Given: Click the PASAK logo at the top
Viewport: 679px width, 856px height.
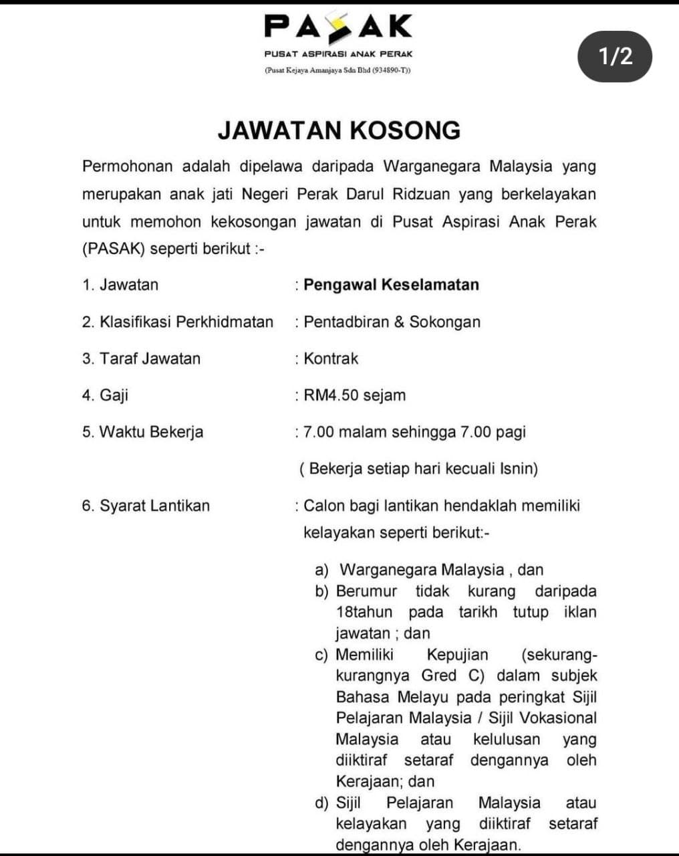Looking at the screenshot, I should tap(338, 26).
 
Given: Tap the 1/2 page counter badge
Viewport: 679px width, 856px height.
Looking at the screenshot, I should tap(615, 56).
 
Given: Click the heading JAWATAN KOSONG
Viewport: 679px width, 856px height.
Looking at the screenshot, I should tap(339, 130).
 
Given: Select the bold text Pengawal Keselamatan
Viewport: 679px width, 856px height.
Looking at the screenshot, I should tap(391, 285).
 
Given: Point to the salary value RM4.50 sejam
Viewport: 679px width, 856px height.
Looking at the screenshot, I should tap(354, 395).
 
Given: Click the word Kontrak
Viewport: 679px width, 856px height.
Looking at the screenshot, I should tap(331, 358).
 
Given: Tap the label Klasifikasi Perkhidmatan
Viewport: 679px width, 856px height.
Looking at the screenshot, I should tap(186, 322).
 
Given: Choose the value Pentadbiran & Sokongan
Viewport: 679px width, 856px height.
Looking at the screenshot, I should tap(392, 322).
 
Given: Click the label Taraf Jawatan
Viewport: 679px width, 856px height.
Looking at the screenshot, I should tap(150, 358).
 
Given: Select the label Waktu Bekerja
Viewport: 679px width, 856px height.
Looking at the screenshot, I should tap(151, 432).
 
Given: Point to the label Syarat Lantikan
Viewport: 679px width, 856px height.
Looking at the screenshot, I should tap(154, 506).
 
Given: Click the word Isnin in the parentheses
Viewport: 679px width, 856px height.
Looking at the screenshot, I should tap(517, 469).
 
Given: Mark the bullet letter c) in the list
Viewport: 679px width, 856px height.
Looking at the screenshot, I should tap(321, 655).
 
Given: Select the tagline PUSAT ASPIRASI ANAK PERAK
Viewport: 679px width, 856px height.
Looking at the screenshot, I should tap(338, 53).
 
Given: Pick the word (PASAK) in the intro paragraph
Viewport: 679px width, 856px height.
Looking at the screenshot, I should tap(113, 249).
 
